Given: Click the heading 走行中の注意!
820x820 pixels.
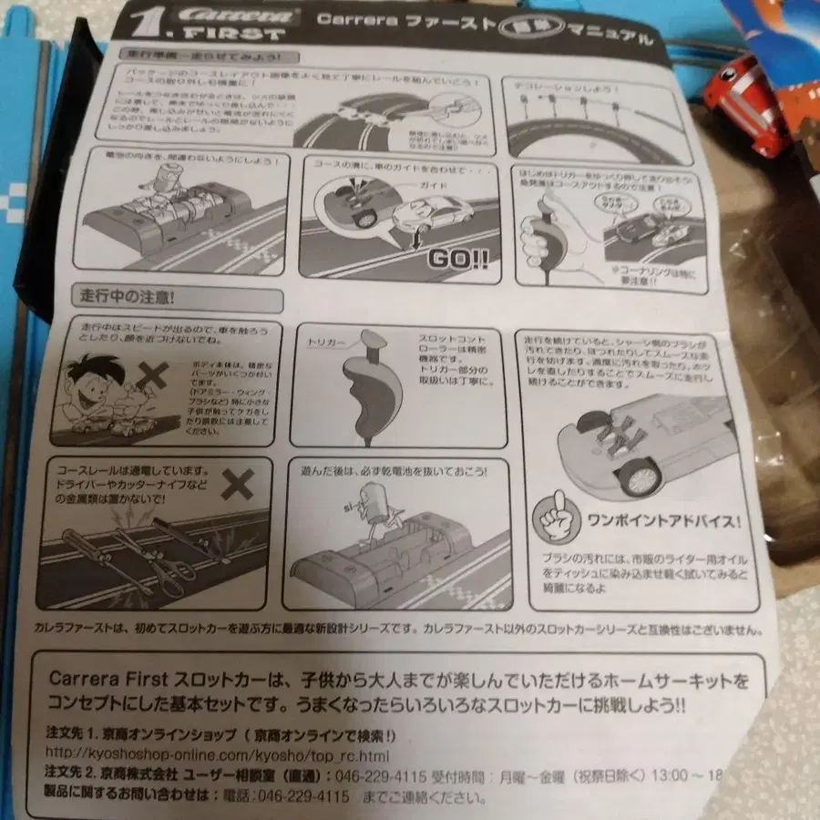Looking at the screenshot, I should [126, 296].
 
